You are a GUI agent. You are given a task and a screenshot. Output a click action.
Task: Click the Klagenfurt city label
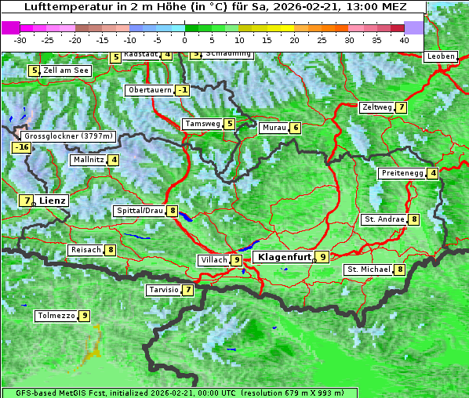[x=282, y=256]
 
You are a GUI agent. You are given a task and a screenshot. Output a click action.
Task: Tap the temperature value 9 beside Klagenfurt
[x=322, y=256]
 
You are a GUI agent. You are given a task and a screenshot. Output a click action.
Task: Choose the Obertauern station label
[x=149, y=90]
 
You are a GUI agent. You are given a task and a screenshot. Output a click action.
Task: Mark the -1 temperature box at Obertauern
[x=183, y=90]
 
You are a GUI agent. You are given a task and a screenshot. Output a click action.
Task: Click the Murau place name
[x=274, y=128]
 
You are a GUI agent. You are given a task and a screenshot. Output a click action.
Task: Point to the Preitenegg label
[x=402, y=173]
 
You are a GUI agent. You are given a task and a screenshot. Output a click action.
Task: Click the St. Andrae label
[x=384, y=219]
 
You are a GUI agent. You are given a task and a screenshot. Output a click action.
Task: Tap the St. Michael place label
[x=369, y=270]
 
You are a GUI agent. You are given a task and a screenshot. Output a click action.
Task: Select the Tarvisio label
[x=164, y=290]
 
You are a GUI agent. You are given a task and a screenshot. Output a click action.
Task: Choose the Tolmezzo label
[x=56, y=317]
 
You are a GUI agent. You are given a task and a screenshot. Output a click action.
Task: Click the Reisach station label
[x=85, y=250]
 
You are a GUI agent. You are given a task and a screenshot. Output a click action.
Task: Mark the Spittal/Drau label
[x=140, y=211]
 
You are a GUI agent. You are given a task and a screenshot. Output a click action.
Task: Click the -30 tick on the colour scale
[x=20, y=40]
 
